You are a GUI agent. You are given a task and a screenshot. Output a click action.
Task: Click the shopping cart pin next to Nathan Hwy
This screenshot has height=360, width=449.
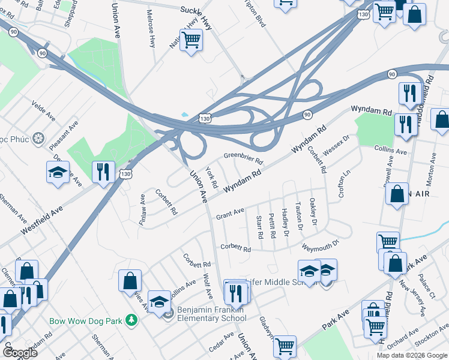(x=191, y=41)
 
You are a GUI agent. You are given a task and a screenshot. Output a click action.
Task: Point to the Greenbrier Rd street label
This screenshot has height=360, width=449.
(x=243, y=158)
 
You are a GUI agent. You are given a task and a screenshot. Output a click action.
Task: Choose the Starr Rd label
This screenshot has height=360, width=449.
(x=259, y=227)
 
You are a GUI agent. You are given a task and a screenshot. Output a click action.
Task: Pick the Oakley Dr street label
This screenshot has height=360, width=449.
(x=313, y=212)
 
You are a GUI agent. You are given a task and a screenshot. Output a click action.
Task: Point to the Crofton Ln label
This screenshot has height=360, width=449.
(x=344, y=185)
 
